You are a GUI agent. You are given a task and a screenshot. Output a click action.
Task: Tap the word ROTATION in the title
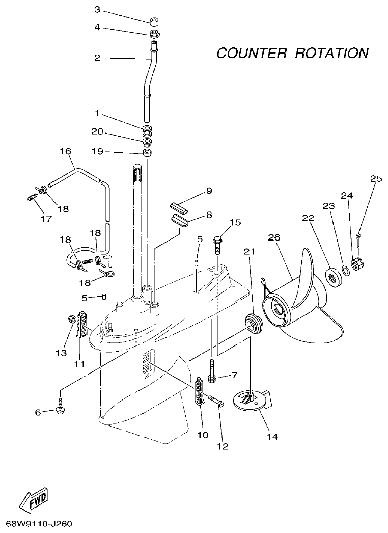331,53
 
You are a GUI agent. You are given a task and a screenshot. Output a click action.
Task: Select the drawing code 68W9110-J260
40,524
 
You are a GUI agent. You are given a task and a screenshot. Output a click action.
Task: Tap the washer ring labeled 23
344,270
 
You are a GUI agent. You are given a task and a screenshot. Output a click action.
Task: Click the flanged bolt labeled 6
60,408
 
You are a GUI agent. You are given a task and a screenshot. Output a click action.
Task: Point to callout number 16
66,152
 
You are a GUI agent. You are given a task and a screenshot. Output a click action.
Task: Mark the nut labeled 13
71,320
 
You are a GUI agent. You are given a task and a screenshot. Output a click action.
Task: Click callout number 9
208,191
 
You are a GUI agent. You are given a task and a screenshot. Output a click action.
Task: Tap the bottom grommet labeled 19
147,152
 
